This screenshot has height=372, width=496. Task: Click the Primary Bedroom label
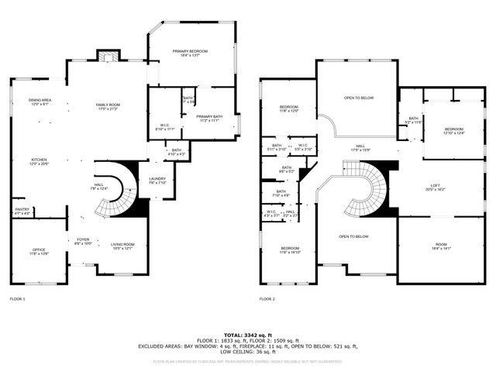[189, 52]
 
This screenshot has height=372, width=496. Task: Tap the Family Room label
[108, 106]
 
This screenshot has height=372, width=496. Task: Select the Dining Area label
[40, 102]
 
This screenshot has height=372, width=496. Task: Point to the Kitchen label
[39, 161]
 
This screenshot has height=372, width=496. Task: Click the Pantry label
[22, 211]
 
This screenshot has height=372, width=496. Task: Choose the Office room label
[39, 251]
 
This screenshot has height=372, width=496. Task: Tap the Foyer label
[83, 241]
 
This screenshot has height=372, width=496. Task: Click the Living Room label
[122, 246]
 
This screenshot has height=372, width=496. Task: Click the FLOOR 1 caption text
[17, 298]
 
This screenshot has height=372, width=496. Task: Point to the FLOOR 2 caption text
[267, 298]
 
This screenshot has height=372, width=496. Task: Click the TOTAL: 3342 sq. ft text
[247, 332]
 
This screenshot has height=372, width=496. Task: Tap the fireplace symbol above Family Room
[108, 56]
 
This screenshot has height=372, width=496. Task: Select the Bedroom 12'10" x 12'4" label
[453, 130]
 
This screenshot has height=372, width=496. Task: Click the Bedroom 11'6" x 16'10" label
[291, 250]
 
